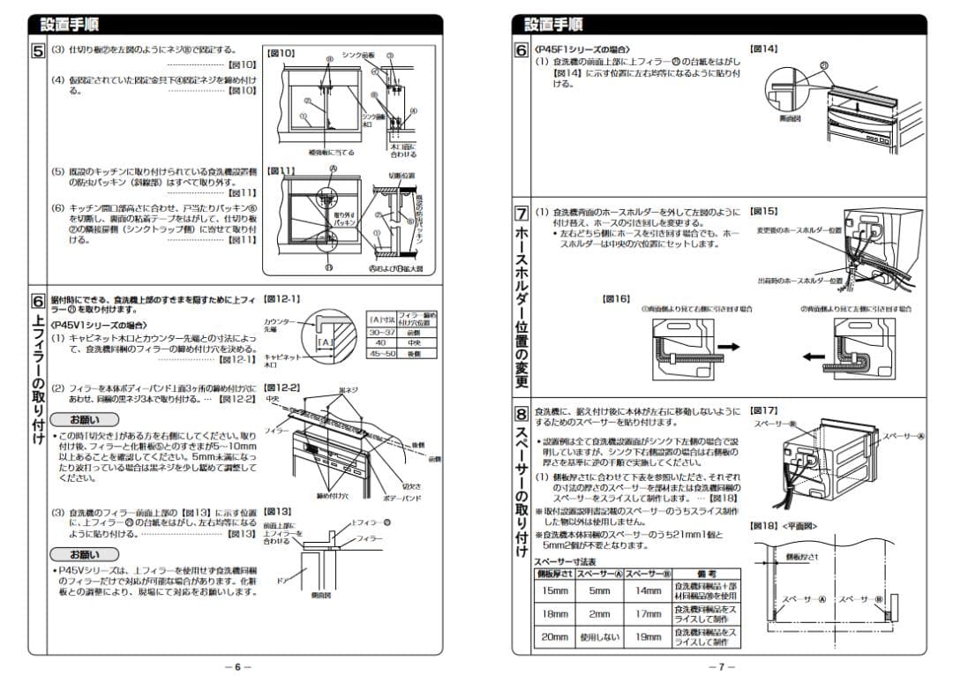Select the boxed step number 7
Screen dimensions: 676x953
click(522, 214)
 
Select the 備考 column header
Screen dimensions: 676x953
click(707, 574)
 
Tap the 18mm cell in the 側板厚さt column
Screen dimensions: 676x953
click(555, 613)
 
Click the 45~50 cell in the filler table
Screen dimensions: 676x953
click(381, 353)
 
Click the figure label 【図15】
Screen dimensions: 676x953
click(763, 212)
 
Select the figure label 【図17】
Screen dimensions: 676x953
click(763, 410)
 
